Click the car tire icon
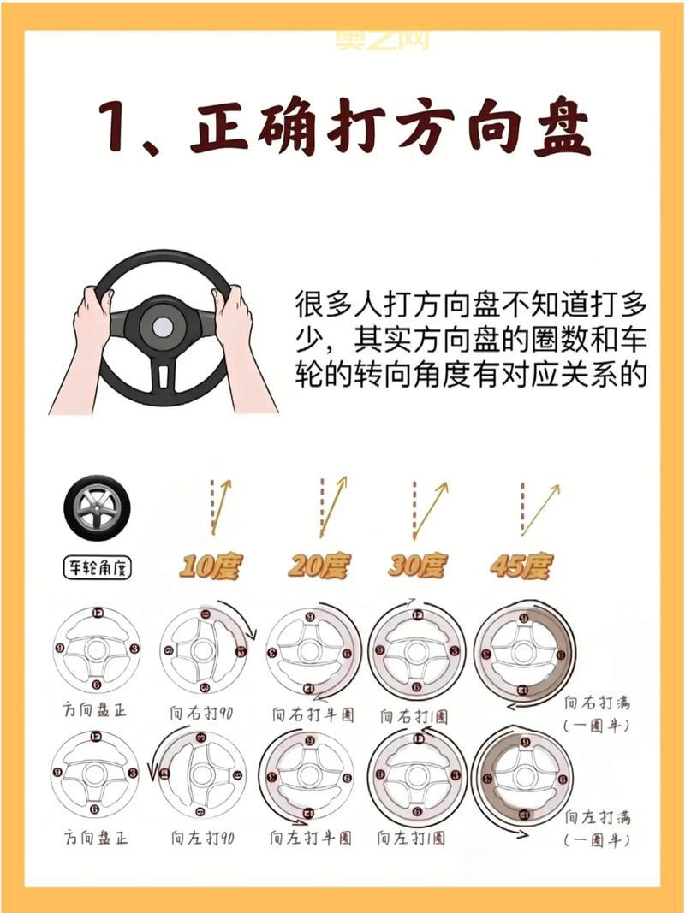pos(97,508)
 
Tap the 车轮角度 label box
pos(97,566)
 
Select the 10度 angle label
pos(211,566)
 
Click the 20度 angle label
pos(319,566)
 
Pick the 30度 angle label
pos(417,566)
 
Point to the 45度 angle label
pos(521,566)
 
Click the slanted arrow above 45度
pos(541,509)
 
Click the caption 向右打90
pos(202,713)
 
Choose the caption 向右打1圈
pos(414,714)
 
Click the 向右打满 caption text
pos(597,703)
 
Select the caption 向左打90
pos(202,838)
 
